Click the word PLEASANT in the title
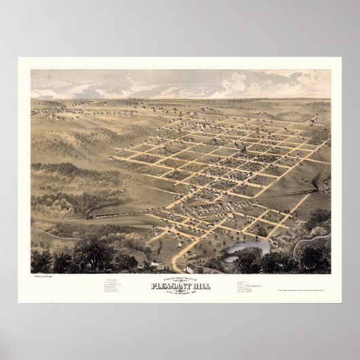[170, 286]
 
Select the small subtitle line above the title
[181, 279]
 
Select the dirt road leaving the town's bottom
[178, 258]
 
